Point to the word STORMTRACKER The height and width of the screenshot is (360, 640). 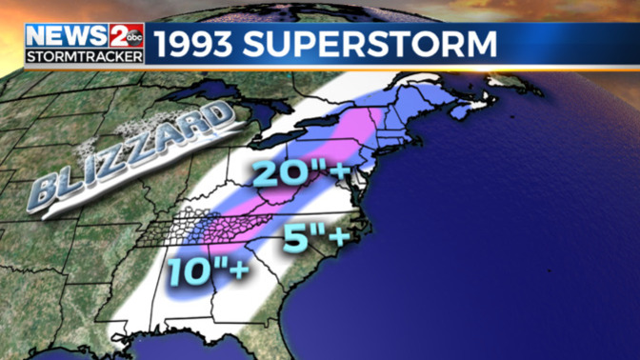(85, 55)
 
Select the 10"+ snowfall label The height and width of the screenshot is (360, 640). (208, 270)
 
